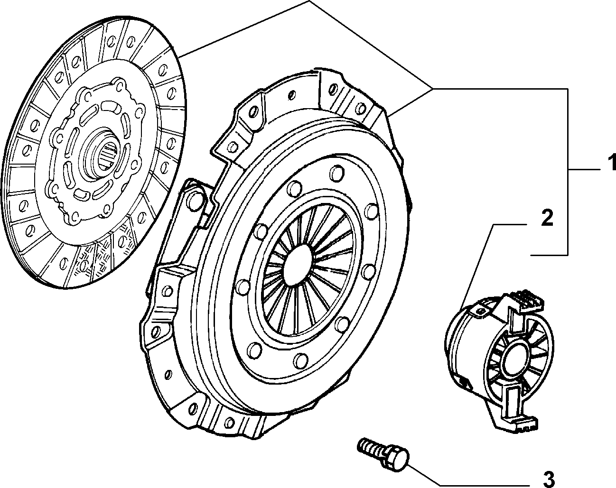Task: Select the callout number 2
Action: pyautogui.click(x=547, y=219)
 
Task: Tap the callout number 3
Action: pyautogui.click(x=548, y=479)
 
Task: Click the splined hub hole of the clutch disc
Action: pyautogui.click(x=109, y=157)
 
